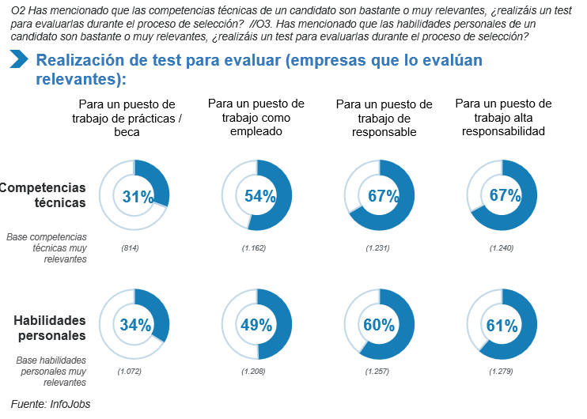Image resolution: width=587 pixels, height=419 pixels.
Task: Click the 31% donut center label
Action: [137, 197]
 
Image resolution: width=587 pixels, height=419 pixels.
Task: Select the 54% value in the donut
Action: [259, 196]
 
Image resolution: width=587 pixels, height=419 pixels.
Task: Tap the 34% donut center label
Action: [135, 325]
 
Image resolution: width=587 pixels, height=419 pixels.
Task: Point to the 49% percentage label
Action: [257, 325]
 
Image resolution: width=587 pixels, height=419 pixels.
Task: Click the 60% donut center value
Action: [379, 325]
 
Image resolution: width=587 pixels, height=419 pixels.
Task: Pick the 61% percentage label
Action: [502, 325]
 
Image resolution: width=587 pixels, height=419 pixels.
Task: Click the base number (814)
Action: [131, 249]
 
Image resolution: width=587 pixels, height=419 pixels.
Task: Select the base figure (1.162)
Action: [253, 249]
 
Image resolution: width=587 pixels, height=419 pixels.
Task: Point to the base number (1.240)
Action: [502, 249]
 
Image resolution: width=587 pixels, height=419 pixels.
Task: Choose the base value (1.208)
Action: [253, 371]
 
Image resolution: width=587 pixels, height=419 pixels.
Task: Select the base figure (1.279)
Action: [502, 371]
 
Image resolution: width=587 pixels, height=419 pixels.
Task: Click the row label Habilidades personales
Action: [49, 327]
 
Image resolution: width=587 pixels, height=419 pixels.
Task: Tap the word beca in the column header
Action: [127, 132]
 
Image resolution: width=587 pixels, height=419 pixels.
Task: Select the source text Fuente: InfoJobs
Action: [51, 404]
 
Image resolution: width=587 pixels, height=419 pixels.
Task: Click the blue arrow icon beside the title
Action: [20, 59]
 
